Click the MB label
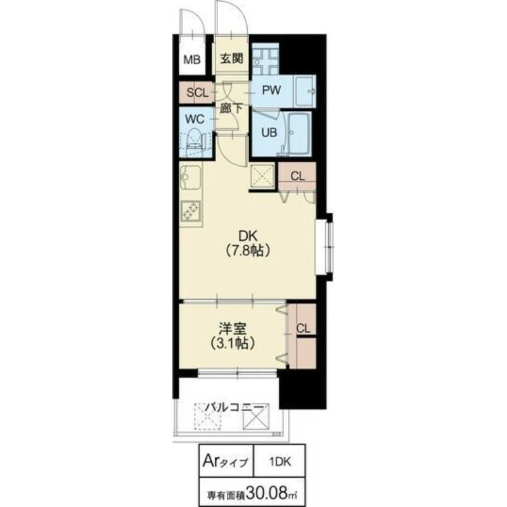[x=192, y=60]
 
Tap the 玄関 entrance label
[x=232, y=60]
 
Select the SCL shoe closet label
[x=197, y=93]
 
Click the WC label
[x=194, y=119]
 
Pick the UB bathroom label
[x=265, y=132]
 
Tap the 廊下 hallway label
[x=231, y=108]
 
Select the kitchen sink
[x=189, y=177]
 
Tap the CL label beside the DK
[x=297, y=176]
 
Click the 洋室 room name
[x=231, y=330]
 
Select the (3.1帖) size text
[x=231, y=344]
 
